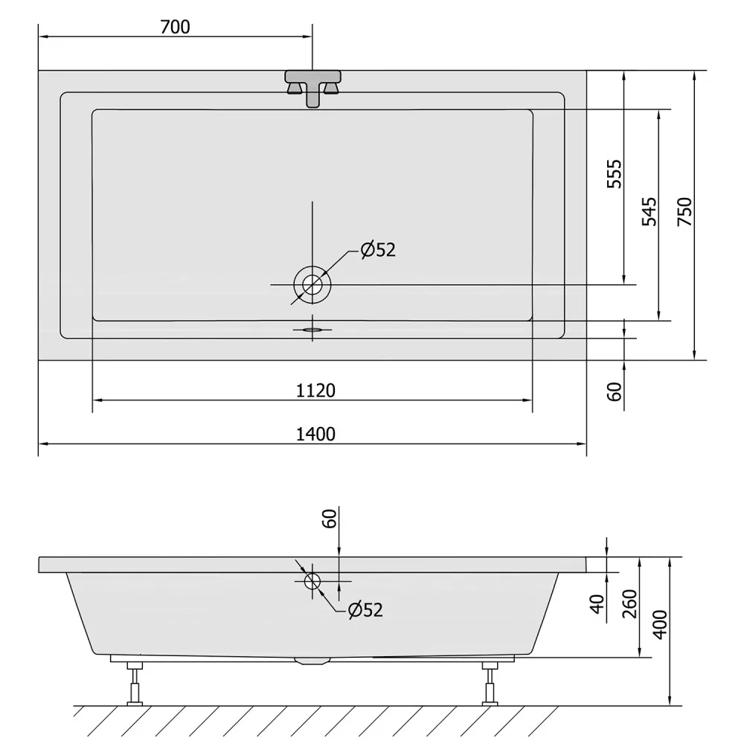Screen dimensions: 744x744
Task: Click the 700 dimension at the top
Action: [x=175, y=27]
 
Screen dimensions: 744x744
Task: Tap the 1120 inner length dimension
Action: [x=315, y=391]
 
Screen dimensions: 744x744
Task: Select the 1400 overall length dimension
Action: [x=315, y=434]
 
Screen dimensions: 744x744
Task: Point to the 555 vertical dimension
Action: [x=614, y=174]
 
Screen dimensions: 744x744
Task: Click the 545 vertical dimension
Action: [x=649, y=211]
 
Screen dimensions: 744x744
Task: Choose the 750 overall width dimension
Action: [x=684, y=211]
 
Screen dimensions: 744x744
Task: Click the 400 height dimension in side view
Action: [x=660, y=624]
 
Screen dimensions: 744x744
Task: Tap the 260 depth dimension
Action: [x=629, y=603]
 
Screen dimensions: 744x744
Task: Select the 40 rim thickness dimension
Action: [x=598, y=603]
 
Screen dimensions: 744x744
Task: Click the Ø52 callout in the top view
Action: [x=378, y=249]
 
